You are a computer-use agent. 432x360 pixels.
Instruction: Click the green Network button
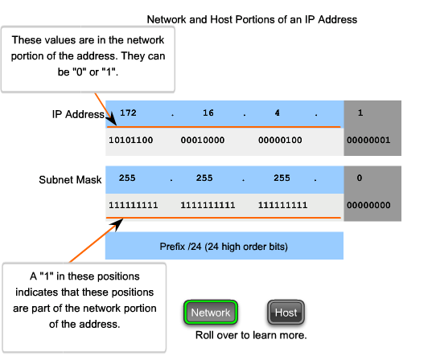tap(210, 313)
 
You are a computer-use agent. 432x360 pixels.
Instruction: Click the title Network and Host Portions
tap(252, 18)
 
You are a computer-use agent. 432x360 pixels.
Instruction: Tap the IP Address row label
tap(77, 114)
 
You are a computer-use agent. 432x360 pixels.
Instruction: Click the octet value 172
tap(128, 113)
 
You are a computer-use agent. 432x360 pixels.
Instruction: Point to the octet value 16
tap(208, 113)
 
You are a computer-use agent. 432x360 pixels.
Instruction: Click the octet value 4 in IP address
tap(277, 113)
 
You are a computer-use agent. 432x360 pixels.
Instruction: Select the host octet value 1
tap(360, 113)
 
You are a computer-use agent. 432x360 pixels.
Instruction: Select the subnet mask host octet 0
tap(360, 178)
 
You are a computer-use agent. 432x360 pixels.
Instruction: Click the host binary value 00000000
tap(370, 205)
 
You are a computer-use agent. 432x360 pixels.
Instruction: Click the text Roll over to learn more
tap(251, 333)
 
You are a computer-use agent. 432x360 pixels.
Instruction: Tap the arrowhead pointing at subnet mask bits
tap(116, 221)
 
